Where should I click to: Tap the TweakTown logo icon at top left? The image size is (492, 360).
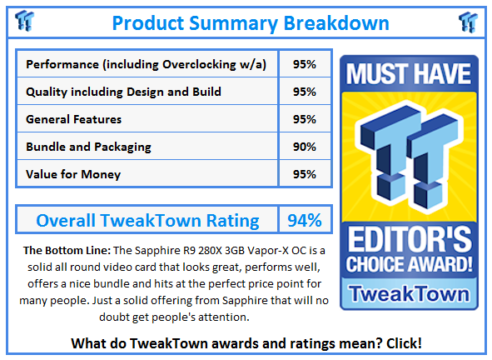click(25, 20)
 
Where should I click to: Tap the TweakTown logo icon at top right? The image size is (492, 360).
click(467, 21)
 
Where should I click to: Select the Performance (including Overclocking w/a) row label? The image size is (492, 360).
click(147, 64)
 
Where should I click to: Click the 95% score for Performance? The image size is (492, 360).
click(304, 64)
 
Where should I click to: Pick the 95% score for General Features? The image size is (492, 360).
click(304, 119)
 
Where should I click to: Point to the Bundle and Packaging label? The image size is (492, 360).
click(88, 147)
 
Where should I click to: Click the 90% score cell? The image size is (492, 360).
click(304, 147)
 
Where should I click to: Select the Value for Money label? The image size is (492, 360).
click(73, 174)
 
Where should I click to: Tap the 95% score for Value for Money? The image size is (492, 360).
click(304, 174)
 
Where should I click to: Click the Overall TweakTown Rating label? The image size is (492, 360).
click(147, 221)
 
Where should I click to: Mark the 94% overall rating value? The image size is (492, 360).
click(304, 221)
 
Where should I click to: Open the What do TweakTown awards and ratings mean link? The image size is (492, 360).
click(246, 342)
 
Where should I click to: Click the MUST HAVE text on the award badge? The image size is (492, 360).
click(409, 74)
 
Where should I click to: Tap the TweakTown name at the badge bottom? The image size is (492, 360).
click(409, 293)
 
